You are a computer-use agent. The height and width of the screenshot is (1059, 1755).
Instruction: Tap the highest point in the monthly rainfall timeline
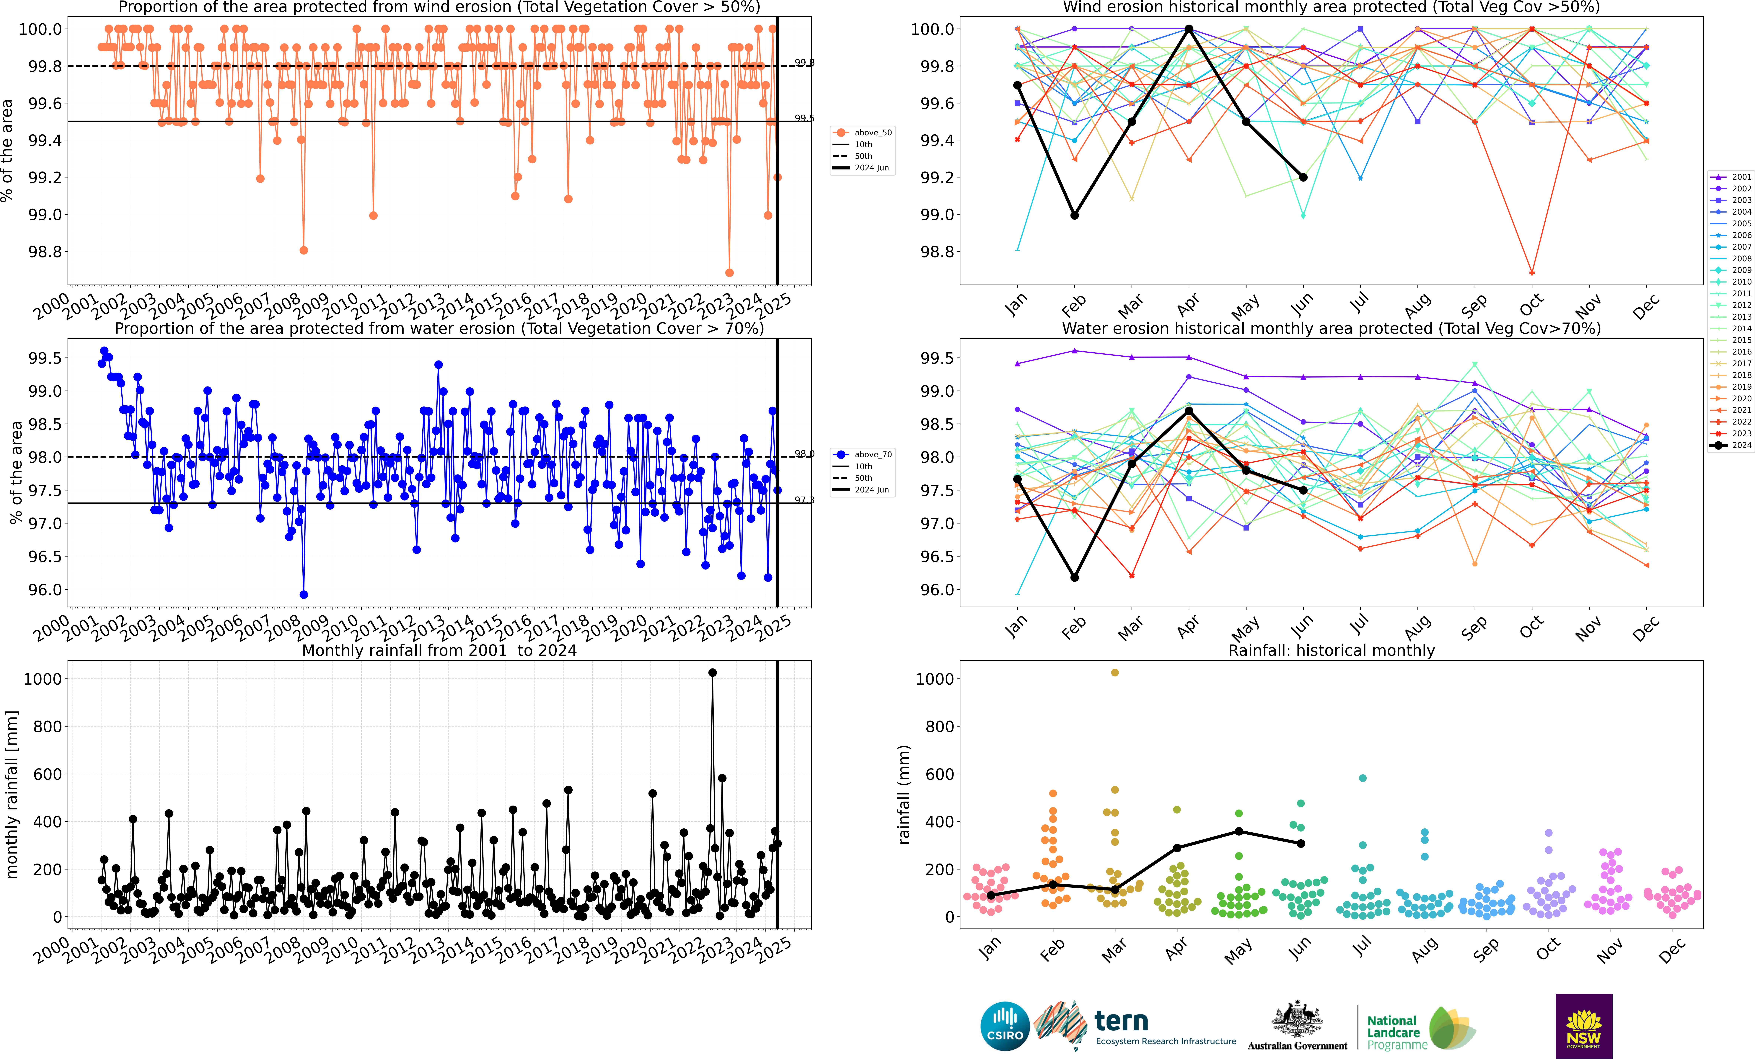pyautogui.click(x=712, y=672)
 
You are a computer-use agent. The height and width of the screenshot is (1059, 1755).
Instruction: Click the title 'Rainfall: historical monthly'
pyautogui.click(x=1331, y=650)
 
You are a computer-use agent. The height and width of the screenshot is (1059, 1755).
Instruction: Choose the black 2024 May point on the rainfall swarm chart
pyautogui.click(x=1239, y=831)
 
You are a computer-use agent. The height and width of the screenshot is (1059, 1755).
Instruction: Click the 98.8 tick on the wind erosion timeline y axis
pyautogui.click(x=44, y=251)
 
